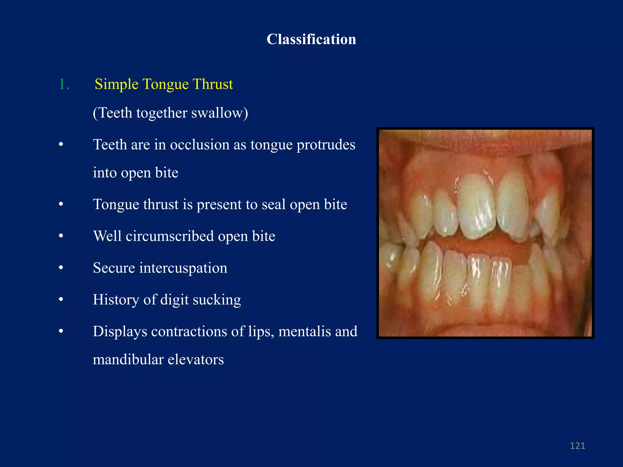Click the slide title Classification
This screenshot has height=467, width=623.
311,39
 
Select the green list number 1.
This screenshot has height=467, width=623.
64,84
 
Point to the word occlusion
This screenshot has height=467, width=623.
200,144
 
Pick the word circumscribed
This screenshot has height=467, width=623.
170,236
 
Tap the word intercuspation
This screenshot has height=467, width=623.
183,268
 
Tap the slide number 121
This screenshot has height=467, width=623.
577,446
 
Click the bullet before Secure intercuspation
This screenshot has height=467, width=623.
61,268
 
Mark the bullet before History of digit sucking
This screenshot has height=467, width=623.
61,300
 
